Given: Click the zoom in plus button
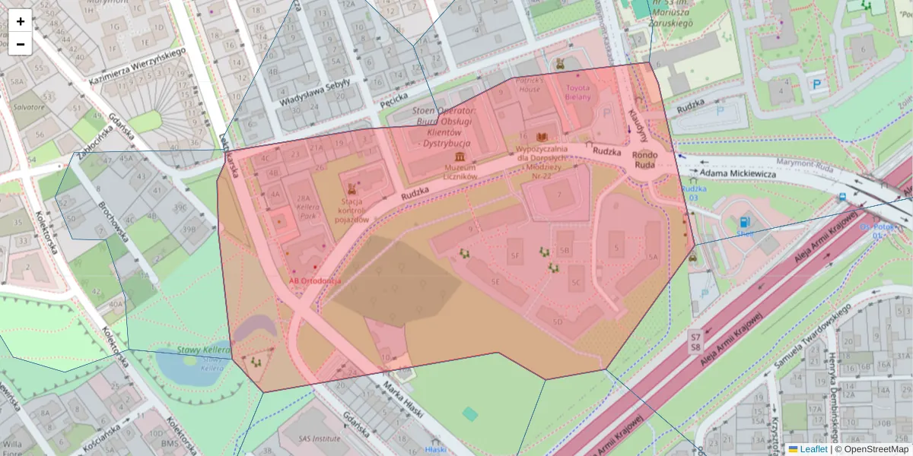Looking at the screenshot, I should pos(21,21).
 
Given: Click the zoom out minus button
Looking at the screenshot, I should pos(21,44).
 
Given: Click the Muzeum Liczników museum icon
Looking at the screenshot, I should pos(460,157).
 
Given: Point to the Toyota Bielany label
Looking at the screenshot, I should pos(582,92).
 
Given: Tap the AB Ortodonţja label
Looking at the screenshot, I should pos(315,280).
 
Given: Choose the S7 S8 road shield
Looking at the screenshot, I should pos(695,340).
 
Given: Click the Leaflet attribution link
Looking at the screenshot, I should pos(813,449).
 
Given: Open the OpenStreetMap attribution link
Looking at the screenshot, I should pos(876,449).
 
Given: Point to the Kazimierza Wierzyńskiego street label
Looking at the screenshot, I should pos(137,65).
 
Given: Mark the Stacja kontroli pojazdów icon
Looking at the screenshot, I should pos(352,188).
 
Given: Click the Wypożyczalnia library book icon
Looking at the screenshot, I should pos(542,136).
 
